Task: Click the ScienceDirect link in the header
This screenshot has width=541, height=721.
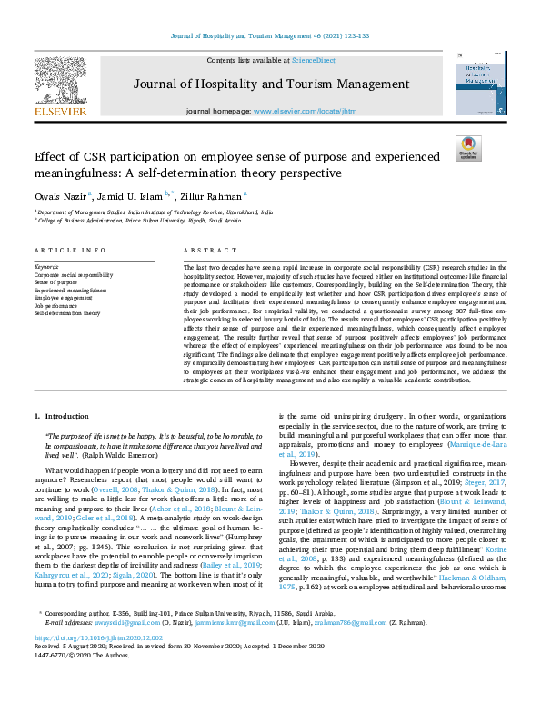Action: [313, 60]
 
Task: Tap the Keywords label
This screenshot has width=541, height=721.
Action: [45, 267]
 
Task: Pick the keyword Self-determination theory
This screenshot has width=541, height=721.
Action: [67, 311]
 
